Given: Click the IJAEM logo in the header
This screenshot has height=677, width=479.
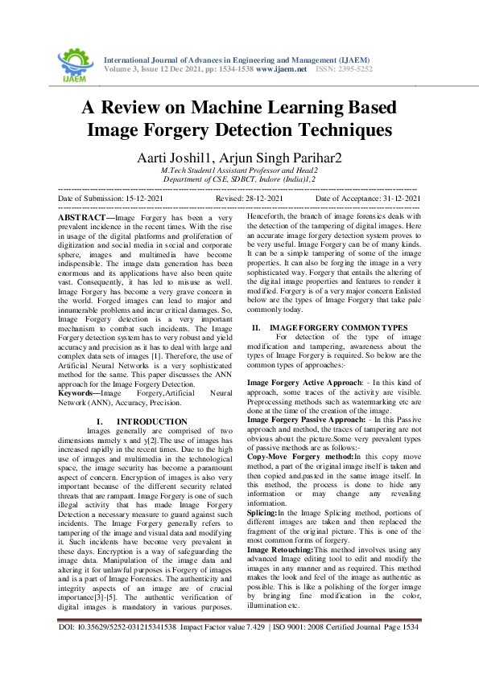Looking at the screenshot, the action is click(x=74, y=61).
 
